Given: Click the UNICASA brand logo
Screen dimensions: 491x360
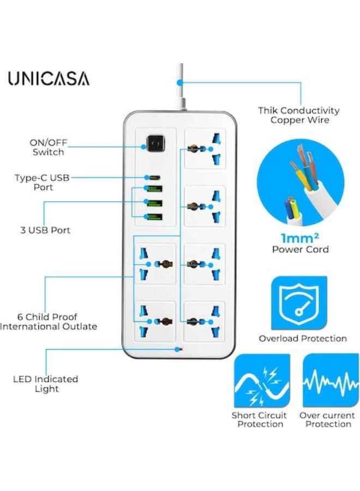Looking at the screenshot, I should point(49,79).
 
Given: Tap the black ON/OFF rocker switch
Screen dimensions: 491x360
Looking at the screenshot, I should point(154,146).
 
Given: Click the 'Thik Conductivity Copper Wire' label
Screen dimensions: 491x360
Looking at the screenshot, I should point(299,115).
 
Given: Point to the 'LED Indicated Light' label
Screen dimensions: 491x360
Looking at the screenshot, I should point(46,384).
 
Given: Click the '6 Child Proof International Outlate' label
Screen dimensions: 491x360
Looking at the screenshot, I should point(48,321).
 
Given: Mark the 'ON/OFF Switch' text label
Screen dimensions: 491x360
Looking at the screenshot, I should point(47,147).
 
